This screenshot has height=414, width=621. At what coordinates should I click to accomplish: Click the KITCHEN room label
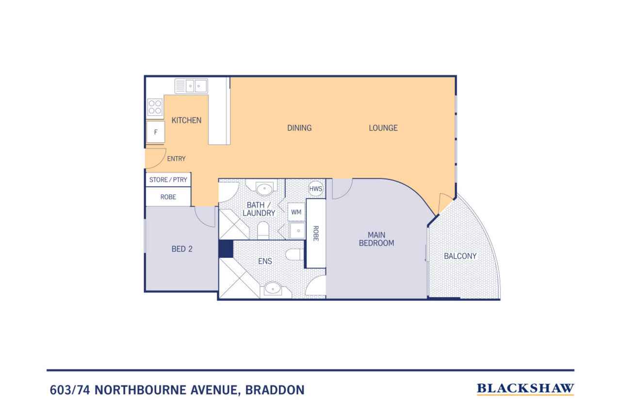[x=186, y=120]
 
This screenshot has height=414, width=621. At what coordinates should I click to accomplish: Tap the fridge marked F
[x=156, y=132]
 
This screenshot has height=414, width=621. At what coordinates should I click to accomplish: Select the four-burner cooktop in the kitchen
[x=155, y=107]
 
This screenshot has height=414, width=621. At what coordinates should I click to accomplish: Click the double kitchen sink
[x=191, y=86]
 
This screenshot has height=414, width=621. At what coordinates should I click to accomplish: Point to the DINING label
[x=299, y=128]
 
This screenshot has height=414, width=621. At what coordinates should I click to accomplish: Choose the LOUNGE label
[x=383, y=128]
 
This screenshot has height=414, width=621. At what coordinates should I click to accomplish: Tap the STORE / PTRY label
[x=168, y=180]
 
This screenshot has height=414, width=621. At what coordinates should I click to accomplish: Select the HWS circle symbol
[x=316, y=189]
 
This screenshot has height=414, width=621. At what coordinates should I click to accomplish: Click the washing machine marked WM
[x=296, y=212]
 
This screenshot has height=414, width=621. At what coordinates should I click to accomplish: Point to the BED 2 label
[x=182, y=249]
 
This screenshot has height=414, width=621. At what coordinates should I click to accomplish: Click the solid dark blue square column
[x=226, y=249]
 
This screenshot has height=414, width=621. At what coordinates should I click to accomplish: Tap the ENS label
[x=265, y=261]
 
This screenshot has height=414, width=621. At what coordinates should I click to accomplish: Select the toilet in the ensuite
[x=294, y=254]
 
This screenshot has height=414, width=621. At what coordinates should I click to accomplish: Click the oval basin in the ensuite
[x=273, y=289]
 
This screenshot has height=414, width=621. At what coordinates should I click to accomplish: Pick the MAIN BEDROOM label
[x=376, y=239]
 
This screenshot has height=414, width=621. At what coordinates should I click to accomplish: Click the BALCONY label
[x=460, y=256]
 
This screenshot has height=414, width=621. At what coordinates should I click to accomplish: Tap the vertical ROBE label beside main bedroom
[x=315, y=233]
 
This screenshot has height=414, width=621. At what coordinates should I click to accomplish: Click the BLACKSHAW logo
[x=525, y=389]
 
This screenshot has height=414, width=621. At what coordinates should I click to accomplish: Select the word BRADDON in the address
[x=275, y=390]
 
